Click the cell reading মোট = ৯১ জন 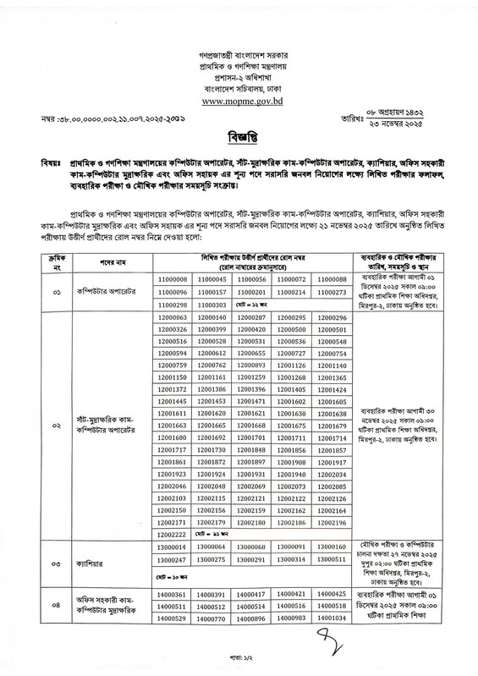212,536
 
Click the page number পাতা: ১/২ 239,664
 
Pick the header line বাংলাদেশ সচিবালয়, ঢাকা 239,85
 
